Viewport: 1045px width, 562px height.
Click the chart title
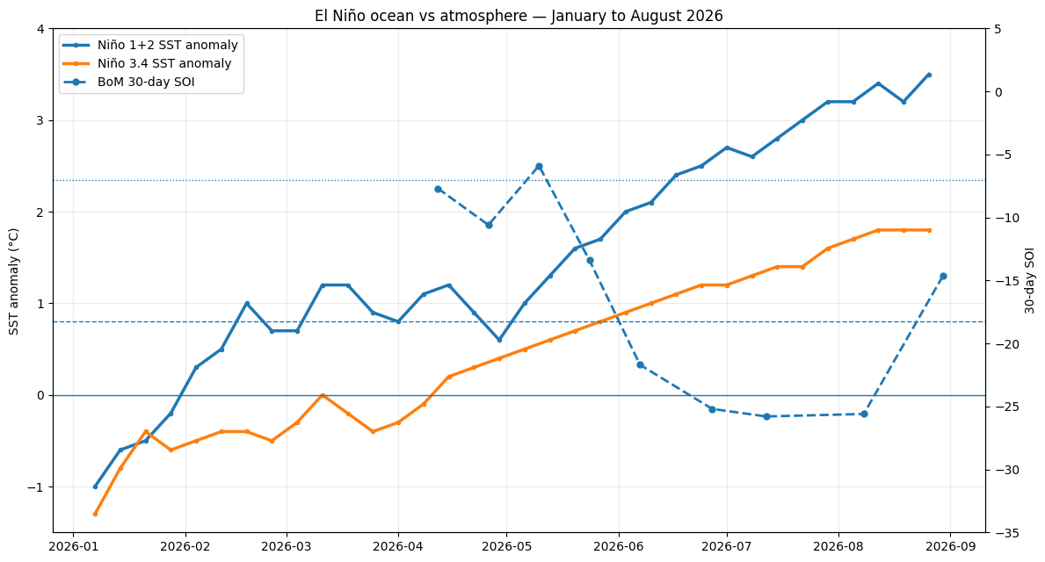[519, 15]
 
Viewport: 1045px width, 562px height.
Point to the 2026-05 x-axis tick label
[506, 547]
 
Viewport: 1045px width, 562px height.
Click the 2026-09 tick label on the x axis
[949, 547]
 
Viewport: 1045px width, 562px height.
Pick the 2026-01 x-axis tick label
[73, 547]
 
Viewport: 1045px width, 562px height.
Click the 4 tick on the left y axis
[40, 29]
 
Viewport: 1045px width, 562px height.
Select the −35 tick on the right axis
[1003, 533]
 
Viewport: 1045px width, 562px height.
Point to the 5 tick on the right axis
[997, 29]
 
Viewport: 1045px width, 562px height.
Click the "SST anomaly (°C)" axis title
[14, 281]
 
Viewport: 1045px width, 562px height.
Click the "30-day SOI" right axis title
[1030, 280]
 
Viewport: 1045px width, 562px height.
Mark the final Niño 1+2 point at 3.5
[929, 76]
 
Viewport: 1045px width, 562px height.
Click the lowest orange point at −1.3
[95, 514]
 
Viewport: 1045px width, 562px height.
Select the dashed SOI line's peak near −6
[539, 167]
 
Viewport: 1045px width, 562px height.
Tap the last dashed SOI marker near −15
[943, 277]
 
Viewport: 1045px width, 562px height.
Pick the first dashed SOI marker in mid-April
[438, 189]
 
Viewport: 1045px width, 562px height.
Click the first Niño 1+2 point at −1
[95, 486]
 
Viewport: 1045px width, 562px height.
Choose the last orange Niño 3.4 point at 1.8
[929, 230]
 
